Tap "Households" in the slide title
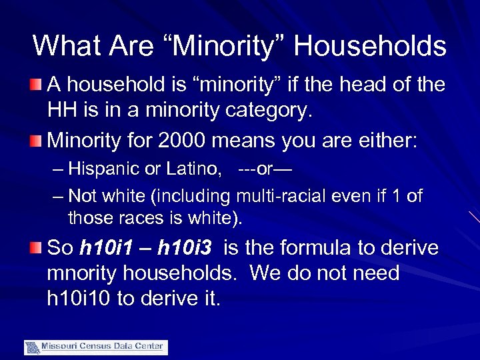(370, 46)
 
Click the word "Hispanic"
(101, 169)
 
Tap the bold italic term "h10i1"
(110, 248)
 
